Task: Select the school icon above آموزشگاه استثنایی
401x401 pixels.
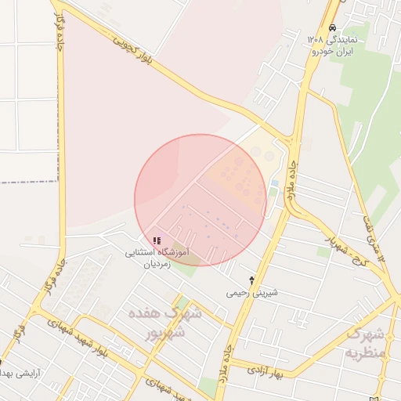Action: tap(157, 240)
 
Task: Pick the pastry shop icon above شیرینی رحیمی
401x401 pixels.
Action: tap(251, 280)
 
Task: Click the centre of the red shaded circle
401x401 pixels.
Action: tap(200, 200)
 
